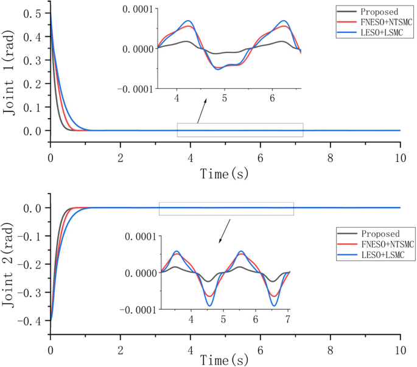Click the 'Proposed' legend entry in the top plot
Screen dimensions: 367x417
tap(379, 12)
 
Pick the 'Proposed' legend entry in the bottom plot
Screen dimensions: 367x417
tap(379, 234)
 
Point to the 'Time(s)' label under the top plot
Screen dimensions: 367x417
tap(225, 174)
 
